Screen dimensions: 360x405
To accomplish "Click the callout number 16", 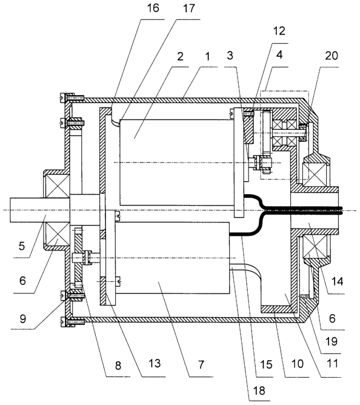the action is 153,8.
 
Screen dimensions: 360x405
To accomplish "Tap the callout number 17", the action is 188,8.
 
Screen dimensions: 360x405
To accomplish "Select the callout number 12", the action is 279,31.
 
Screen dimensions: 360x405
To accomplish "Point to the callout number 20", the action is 332,56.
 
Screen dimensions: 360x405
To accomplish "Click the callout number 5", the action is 22,246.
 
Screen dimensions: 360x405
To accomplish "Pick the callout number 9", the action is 22,319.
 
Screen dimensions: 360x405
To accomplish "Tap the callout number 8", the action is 118,366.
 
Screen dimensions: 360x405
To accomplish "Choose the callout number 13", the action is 155,363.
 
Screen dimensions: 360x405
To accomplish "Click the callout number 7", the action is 201,365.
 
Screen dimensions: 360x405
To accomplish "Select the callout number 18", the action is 259,390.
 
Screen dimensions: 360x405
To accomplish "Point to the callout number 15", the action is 266,364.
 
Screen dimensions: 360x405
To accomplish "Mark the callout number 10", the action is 297,364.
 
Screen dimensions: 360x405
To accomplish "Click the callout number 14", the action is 338,281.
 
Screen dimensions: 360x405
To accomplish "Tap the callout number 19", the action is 332,341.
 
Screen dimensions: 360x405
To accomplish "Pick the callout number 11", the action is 332,364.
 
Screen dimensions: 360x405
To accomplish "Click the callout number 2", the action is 180,56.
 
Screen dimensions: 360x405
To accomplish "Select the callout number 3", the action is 230,55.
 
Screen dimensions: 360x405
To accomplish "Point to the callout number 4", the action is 279,55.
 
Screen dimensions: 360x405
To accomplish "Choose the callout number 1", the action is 207,56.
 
